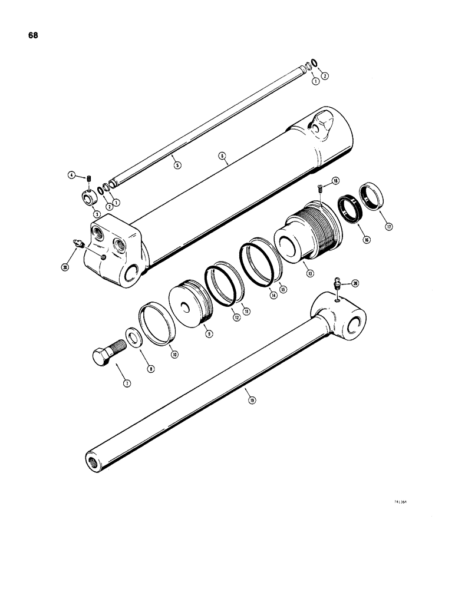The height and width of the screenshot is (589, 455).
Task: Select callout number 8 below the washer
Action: [x=151, y=369]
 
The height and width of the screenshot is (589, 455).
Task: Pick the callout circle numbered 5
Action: [x=178, y=166]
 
